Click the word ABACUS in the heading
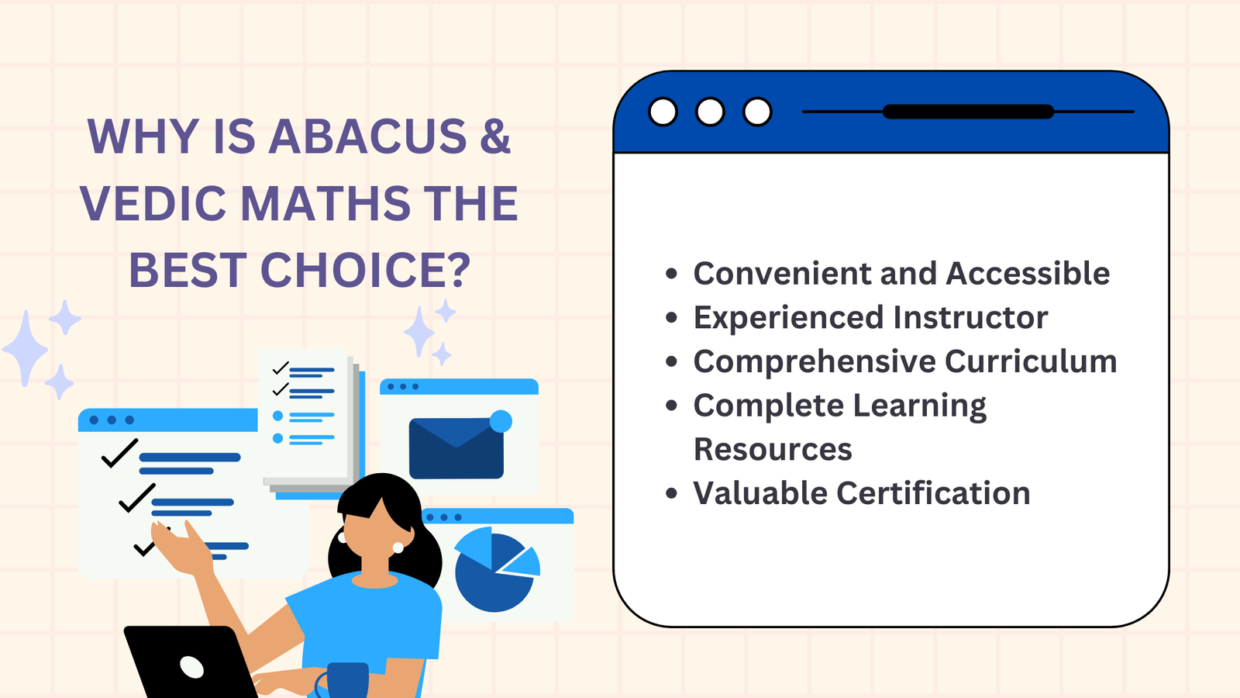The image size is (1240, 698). (367, 136)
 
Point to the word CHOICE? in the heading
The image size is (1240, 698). (365, 270)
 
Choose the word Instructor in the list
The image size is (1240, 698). (970, 317)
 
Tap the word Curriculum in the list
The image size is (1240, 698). (1031, 361)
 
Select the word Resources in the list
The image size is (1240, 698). (773, 449)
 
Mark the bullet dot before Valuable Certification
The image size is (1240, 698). (671, 493)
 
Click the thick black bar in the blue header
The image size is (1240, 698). (968, 112)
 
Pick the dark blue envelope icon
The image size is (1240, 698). (456, 448)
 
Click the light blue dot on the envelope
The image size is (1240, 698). (501, 421)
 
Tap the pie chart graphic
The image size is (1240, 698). (494, 570)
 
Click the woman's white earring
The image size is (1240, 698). (398, 548)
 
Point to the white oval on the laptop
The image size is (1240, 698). (191, 666)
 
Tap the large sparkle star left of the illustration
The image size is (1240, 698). (26, 348)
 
